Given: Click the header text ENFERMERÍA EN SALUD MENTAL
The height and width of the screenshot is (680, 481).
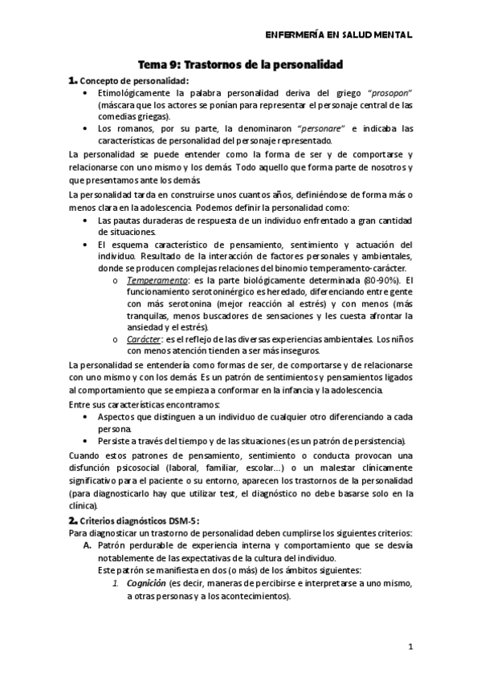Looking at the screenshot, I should pyautogui.click(x=338, y=35).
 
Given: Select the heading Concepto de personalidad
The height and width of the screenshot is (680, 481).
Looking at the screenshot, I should pyautogui.click(x=135, y=82).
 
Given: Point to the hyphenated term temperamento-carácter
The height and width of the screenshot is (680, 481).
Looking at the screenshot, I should pyautogui.click(x=360, y=267).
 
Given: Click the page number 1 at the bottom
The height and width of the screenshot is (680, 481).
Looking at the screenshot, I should pyautogui.click(x=410, y=646).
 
